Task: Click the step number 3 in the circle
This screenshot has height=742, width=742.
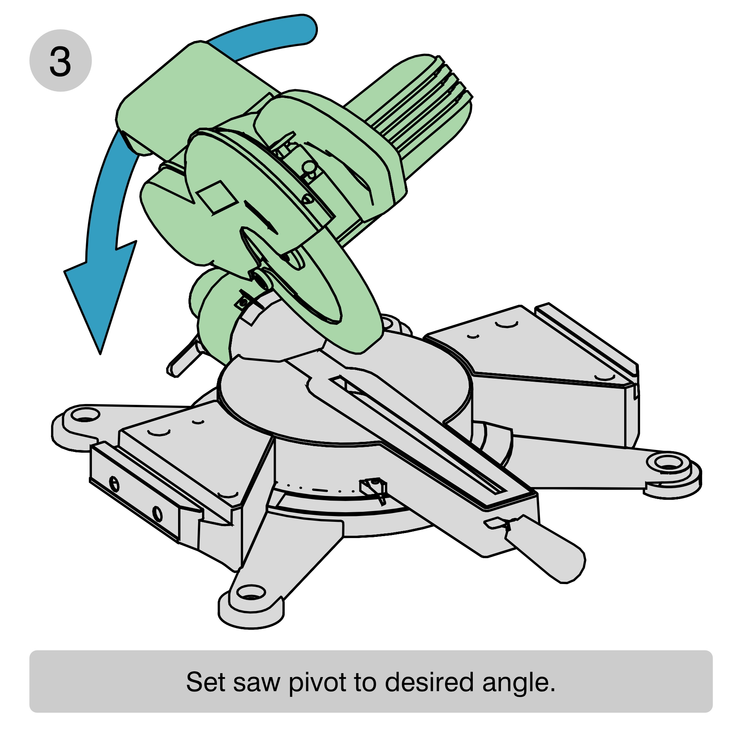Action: (x=60, y=61)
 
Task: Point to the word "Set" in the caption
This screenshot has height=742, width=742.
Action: (x=205, y=682)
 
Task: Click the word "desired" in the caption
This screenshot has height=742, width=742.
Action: (x=429, y=682)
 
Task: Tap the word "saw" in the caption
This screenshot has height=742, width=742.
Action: (x=256, y=684)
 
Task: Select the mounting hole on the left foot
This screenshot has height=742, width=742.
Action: (x=85, y=415)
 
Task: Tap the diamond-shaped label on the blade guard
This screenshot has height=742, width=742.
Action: (x=217, y=197)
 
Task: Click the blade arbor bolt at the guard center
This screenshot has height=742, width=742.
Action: (x=262, y=279)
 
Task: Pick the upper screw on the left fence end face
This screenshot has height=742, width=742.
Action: (x=114, y=484)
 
